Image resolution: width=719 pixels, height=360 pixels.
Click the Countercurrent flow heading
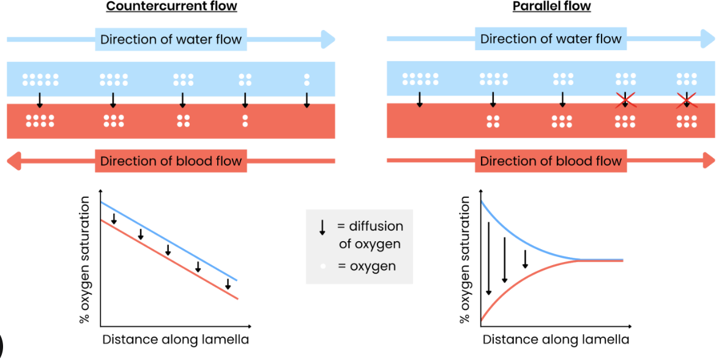[x=171, y=7]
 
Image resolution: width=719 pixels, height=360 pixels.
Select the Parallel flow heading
[x=551, y=7]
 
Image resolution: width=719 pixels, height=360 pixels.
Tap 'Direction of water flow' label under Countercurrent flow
[x=171, y=40]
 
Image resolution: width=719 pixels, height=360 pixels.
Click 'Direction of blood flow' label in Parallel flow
[x=551, y=162]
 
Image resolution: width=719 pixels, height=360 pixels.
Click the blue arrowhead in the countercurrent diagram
[x=327, y=40]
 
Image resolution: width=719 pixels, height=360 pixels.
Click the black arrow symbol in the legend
[x=322, y=228]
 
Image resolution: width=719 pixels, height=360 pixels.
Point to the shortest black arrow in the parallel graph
[x=525, y=258]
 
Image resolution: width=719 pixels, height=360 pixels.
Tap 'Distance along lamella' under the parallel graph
[x=556, y=339]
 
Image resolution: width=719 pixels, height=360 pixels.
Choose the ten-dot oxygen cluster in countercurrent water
[x=40, y=80]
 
